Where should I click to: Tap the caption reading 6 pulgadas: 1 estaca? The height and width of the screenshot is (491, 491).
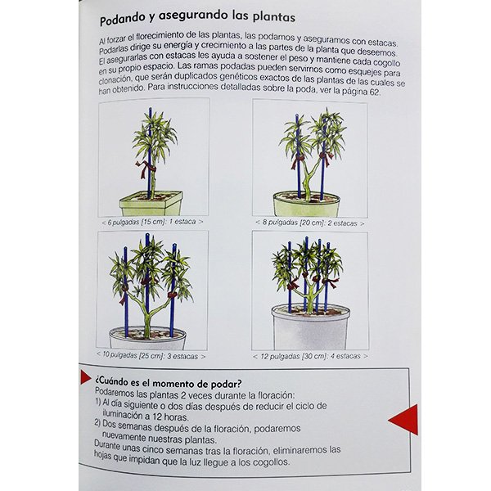click(152, 222)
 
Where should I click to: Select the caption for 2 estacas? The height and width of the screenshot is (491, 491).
click(310, 223)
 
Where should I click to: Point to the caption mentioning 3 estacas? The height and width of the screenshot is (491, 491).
click(151, 356)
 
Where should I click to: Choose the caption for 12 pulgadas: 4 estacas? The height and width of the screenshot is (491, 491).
click(310, 356)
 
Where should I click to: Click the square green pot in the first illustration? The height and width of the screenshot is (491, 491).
click(151, 203)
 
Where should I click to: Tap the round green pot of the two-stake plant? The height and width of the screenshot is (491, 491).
click(307, 204)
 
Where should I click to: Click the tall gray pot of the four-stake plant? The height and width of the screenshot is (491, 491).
click(310, 327)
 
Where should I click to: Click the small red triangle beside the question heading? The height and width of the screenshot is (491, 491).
click(85, 376)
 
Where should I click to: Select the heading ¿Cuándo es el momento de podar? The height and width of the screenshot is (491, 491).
click(169, 383)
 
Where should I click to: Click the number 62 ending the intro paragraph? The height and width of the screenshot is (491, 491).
click(374, 92)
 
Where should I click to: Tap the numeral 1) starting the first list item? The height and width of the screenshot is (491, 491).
click(98, 403)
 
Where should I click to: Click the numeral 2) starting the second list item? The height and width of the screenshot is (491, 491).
click(98, 424)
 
